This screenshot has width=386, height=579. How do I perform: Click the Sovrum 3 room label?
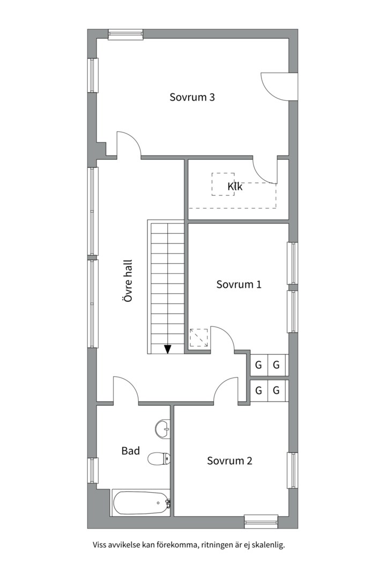[x=192, y=97]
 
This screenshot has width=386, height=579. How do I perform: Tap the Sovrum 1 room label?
[x=239, y=284]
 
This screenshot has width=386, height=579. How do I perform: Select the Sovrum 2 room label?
[x=229, y=461]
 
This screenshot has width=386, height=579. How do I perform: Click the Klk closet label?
[x=235, y=187]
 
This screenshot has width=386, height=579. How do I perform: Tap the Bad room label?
[x=131, y=451]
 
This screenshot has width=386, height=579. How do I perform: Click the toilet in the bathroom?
[x=159, y=459]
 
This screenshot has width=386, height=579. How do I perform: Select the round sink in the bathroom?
[x=162, y=429]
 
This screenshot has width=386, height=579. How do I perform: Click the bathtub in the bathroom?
[x=141, y=502]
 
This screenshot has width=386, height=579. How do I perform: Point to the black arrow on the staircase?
[x=168, y=349]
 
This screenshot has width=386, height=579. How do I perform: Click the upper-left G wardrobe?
[x=258, y=365]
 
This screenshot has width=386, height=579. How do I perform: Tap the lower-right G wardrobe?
[x=276, y=390]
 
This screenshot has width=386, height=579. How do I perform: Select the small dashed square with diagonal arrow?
[x=199, y=338]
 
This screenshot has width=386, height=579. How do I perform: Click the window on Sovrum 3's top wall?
[x=125, y=34]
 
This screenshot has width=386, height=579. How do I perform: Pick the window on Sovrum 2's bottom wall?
[x=261, y=521]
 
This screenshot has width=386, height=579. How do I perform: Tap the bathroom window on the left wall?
[x=93, y=471]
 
